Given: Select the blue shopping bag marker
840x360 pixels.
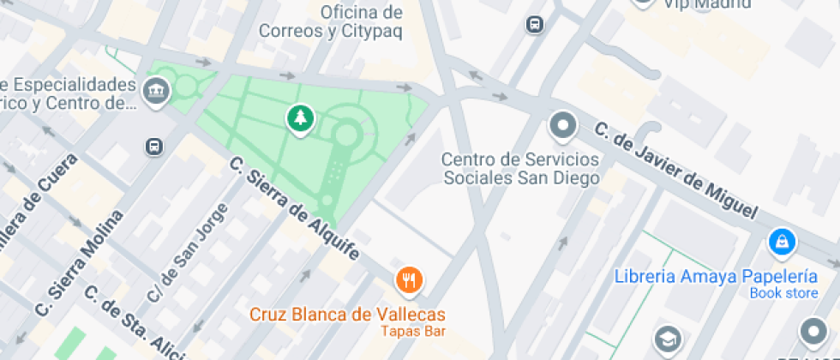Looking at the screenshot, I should click(782, 243).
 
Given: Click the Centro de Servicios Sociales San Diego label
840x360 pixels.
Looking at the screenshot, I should click(520, 168).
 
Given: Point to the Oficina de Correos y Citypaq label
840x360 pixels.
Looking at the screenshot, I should click(361, 22).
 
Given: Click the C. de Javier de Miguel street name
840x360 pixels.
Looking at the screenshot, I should click(676, 170).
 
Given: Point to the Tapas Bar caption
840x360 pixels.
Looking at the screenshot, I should click(413, 331).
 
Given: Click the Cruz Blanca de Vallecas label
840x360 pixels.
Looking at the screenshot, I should click(347, 314).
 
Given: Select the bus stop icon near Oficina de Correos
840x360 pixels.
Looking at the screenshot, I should click(535, 25).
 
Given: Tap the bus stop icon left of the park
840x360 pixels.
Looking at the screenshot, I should click(154, 147).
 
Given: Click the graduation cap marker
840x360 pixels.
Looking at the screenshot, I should click(668, 339).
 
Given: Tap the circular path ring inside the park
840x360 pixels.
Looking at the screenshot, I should click(347, 134).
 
